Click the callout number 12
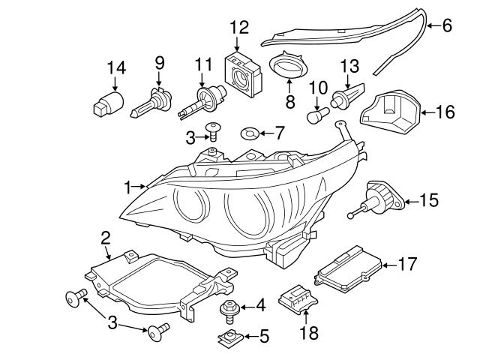coord(239,28)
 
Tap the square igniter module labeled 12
coord(244,73)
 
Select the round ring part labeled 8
coord(288,64)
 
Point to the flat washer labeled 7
coord(250,134)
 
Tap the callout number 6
coord(446,25)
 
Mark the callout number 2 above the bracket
coord(106,238)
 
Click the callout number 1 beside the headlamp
coord(128,184)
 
